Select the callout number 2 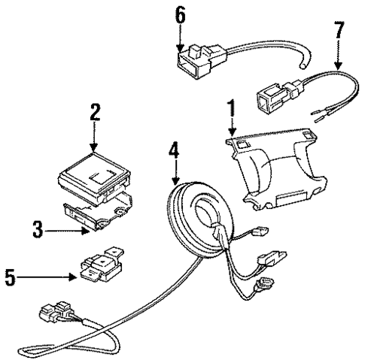tap(95, 113)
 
